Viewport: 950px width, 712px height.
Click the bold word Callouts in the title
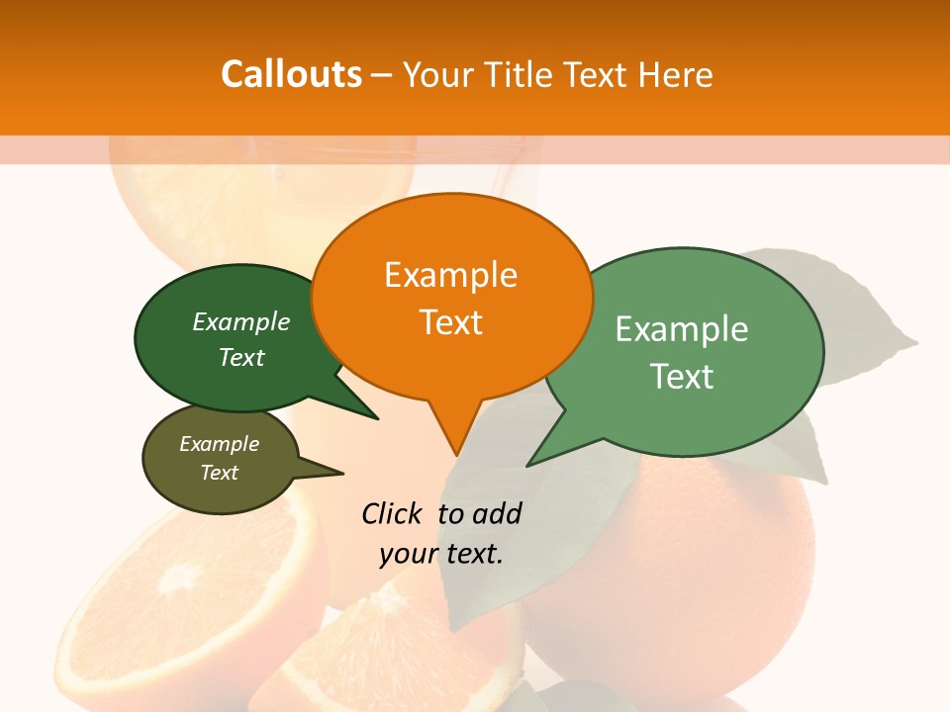tap(291, 74)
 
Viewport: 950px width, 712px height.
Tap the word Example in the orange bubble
tap(451, 275)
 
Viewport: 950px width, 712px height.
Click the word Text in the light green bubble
tap(682, 376)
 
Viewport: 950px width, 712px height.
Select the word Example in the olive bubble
tap(220, 444)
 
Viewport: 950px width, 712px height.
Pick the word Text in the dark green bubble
tap(241, 357)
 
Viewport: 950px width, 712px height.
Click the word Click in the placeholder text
tap(394, 513)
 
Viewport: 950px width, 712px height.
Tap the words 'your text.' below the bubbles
tap(441, 553)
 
